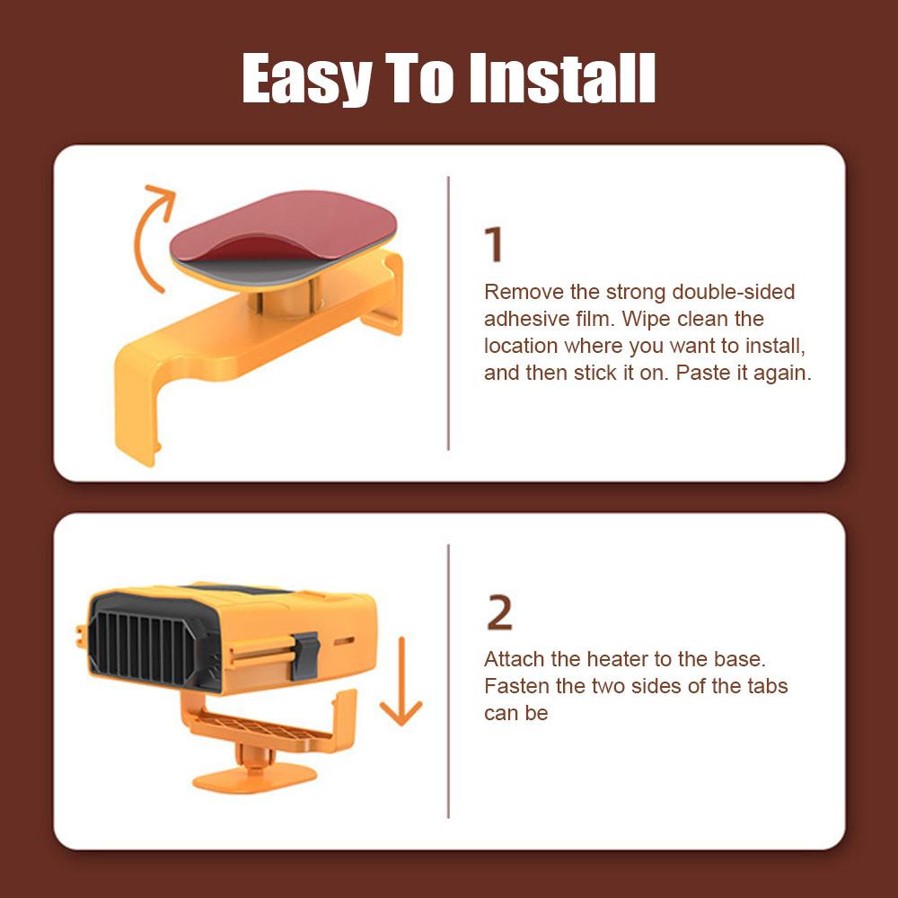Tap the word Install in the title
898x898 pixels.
563,79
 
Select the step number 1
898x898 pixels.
494,245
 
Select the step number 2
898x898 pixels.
499,613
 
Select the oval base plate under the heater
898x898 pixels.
254,777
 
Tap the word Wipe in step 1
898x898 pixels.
646,319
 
